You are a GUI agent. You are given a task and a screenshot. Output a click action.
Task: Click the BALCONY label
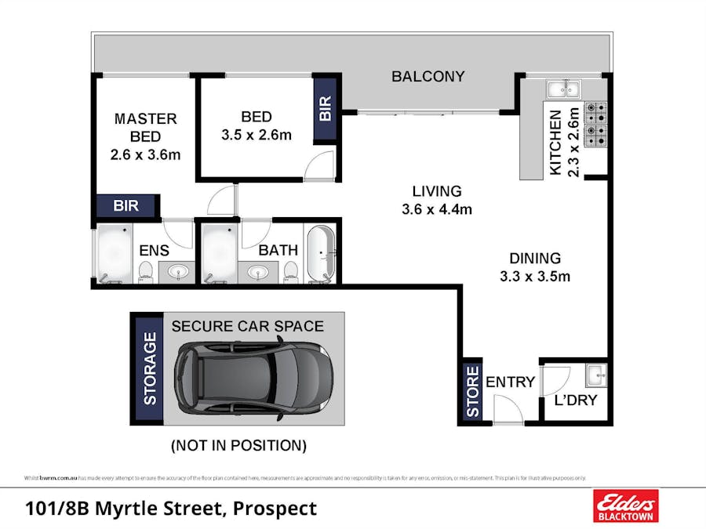(x=428, y=77)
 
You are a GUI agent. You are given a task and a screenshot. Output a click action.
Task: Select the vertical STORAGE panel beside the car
(x=149, y=369)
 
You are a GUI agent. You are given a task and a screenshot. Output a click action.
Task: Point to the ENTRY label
(x=510, y=382)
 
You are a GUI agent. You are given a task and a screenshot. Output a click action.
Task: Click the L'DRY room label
(x=576, y=400)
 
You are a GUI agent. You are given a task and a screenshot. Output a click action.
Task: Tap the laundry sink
(x=596, y=375)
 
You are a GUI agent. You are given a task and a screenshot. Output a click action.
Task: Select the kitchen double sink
(x=563, y=88)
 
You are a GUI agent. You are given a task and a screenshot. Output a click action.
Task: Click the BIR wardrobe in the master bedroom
(x=126, y=206)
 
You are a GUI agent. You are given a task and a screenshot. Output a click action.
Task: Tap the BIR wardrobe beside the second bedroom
(x=326, y=108)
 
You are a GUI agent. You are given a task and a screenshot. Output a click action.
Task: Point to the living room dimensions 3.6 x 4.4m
(x=437, y=209)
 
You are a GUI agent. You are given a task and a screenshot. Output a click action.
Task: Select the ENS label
(x=154, y=251)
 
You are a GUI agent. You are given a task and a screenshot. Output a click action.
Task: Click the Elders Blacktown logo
(x=625, y=506)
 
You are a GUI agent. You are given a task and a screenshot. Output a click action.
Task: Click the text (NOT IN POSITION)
(x=238, y=446)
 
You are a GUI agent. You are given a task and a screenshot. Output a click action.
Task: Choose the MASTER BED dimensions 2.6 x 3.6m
(x=146, y=154)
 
